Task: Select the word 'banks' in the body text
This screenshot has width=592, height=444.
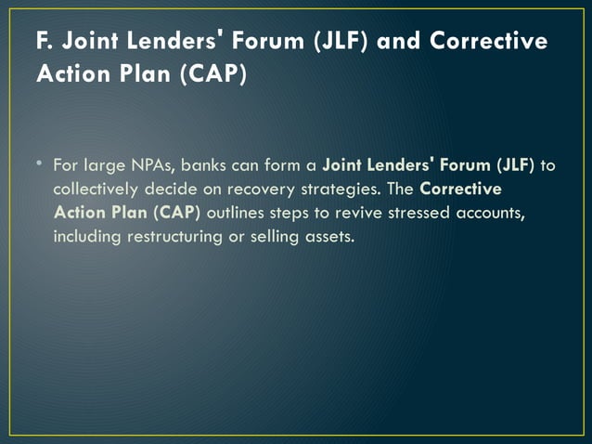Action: tap(203, 168)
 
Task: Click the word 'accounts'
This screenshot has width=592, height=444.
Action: tap(483, 212)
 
